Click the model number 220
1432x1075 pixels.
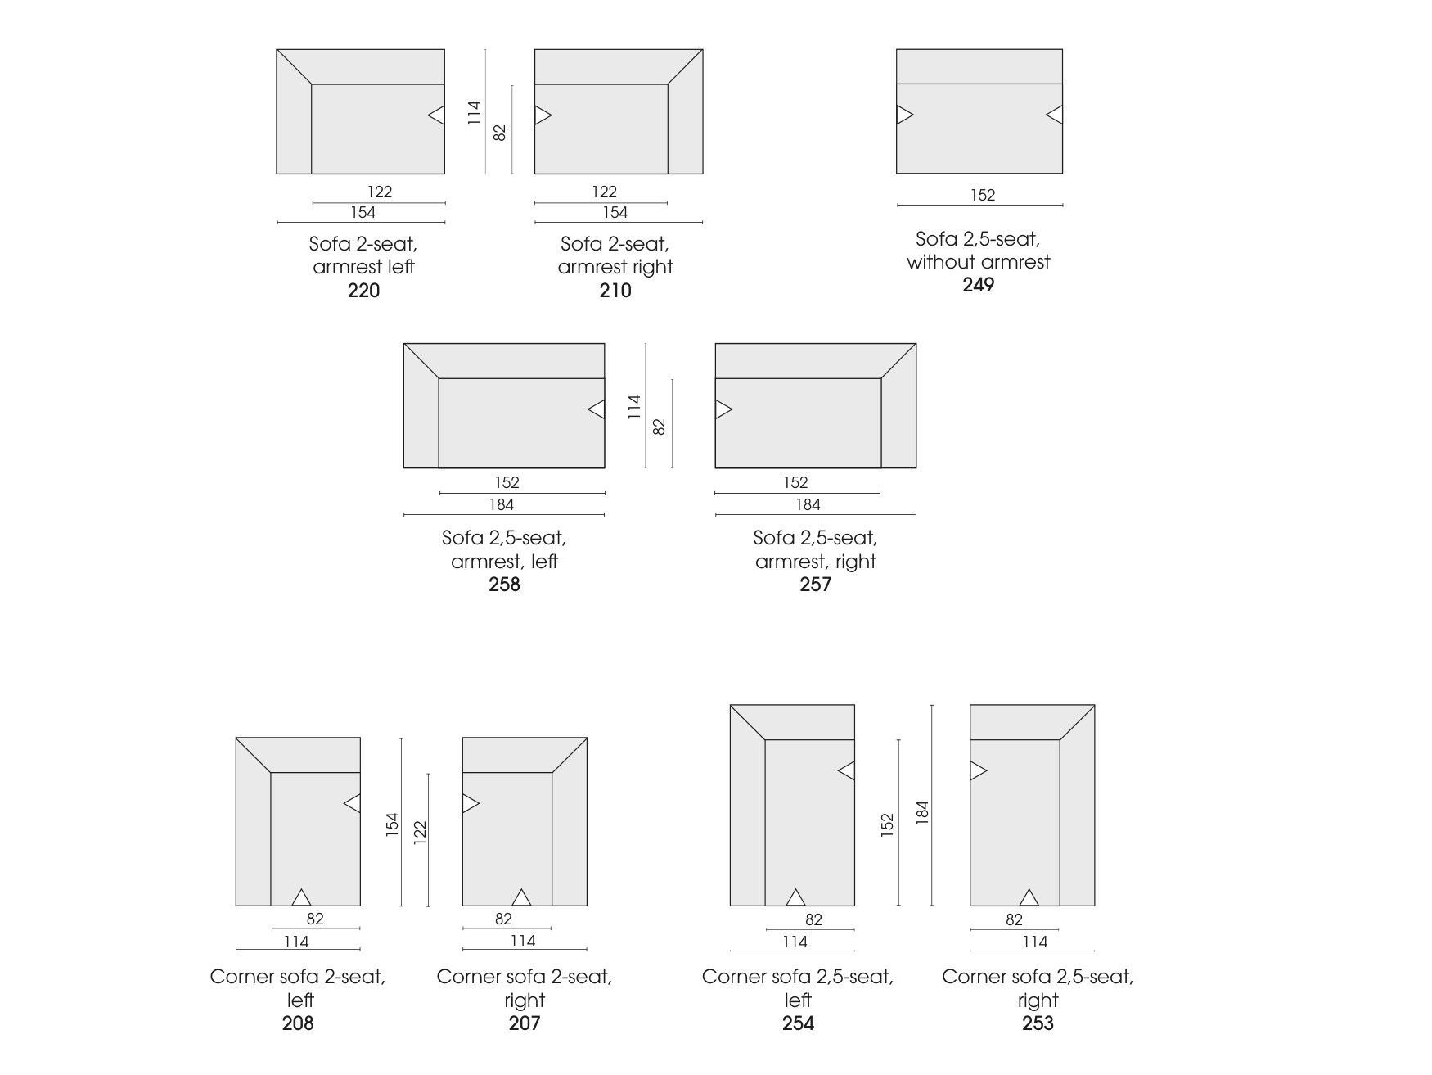[363, 291]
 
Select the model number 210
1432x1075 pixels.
[615, 291]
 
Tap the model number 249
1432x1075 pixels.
[978, 285]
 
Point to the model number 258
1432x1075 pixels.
[504, 585]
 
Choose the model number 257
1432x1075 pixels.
[816, 585]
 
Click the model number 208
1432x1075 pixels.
[298, 1023]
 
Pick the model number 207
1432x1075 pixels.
[525, 1023]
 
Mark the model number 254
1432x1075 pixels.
[798, 1023]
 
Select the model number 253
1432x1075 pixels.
[1038, 1023]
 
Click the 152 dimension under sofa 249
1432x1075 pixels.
[983, 195]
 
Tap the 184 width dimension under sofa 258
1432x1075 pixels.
[502, 505]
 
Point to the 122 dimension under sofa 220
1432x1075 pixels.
[380, 192]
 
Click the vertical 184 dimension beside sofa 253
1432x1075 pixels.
[922, 812]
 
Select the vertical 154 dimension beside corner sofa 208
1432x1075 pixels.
[392, 824]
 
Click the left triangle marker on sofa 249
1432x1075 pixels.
[905, 115]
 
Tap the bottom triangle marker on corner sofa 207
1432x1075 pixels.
[521, 897]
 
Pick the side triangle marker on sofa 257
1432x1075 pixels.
[723, 409]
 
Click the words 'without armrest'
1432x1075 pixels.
[979, 262]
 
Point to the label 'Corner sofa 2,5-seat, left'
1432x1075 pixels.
[798, 988]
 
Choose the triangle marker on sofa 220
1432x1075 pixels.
[436, 115]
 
